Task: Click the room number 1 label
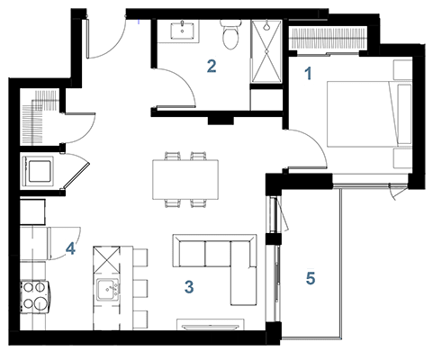pos(308,74)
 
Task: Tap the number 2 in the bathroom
pos(212,67)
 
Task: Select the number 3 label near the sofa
pos(189,287)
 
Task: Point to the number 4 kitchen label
pos(70,248)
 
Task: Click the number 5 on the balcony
pos(311,278)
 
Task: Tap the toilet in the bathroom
pos(230,34)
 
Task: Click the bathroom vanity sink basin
pos(182,31)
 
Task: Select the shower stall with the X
pos(266,51)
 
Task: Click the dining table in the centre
pos(185,179)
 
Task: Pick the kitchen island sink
pos(106,290)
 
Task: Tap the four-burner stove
pos(34,297)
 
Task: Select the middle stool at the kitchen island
pos(140,289)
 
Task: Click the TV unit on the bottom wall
pos(211,325)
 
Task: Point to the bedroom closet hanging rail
pos(329,38)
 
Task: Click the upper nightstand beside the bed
pos(402,70)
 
